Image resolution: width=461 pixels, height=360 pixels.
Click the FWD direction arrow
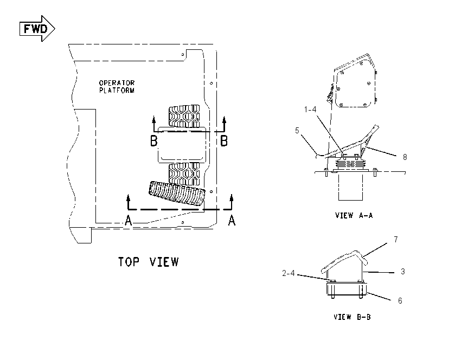click(x=37, y=29)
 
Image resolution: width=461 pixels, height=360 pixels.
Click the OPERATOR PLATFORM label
click(x=117, y=87)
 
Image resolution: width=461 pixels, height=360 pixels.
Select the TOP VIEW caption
click(x=148, y=262)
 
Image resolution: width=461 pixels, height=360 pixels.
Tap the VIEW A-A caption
click(x=354, y=215)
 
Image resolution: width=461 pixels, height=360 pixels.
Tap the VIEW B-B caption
click(x=352, y=317)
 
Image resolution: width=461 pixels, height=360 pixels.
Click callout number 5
click(x=297, y=131)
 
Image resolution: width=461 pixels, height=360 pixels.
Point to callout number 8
click(x=405, y=157)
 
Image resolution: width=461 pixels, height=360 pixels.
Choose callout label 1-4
click(x=310, y=110)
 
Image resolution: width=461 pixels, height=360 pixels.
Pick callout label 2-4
click(x=289, y=273)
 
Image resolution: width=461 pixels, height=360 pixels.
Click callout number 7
click(x=396, y=240)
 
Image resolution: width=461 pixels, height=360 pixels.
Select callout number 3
click(x=403, y=272)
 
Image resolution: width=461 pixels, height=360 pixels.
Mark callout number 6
click(x=400, y=301)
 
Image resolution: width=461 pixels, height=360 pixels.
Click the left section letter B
click(x=154, y=141)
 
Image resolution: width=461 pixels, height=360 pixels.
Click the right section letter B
click(x=224, y=141)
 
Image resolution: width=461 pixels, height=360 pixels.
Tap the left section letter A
click(x=128, y=221)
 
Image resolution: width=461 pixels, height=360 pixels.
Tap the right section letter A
click(x=232, y=221)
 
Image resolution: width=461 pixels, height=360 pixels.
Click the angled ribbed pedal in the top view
click(x=177, y=193)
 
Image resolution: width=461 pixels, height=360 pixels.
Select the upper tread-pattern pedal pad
click(x=184, y=117)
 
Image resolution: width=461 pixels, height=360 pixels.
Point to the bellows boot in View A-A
click(x=351, y=165)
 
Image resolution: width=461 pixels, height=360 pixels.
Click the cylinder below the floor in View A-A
click(x=350, y=187)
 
